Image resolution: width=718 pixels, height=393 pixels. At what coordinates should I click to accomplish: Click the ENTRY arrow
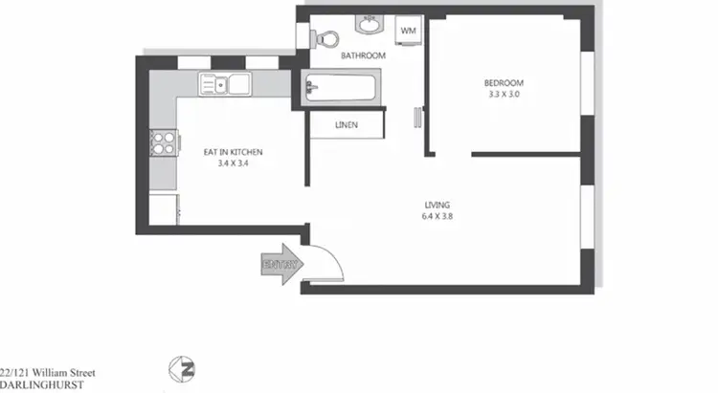280,264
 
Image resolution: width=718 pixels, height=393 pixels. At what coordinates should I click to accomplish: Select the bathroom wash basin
368,25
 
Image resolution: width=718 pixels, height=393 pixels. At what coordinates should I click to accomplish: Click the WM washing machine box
409,32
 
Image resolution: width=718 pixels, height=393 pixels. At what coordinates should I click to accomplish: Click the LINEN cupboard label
347,125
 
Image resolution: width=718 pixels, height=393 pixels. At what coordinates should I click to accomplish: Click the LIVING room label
438,205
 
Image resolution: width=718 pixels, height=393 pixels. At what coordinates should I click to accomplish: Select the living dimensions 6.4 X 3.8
438,217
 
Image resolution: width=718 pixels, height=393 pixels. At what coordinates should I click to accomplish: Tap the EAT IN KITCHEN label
233,151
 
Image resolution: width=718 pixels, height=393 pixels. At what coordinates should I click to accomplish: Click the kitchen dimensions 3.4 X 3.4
233,164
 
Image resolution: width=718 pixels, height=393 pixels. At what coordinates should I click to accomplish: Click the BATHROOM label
364,56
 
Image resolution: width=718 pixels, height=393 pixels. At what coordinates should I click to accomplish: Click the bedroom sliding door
417,117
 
